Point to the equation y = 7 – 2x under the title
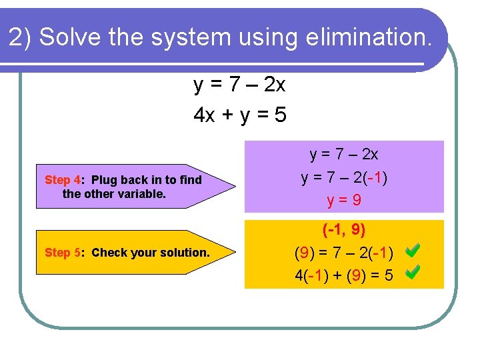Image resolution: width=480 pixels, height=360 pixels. click(239, 85)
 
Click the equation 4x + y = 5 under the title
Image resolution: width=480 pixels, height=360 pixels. click(240, 115)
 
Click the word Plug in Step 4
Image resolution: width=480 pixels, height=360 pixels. click(104, 180)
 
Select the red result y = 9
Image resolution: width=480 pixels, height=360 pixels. click(344, 199)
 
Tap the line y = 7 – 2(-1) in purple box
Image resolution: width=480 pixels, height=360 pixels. click(344, 177)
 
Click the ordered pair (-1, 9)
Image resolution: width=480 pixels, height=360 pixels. click(344, 231)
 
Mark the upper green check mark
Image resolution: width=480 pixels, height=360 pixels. click(413, 251)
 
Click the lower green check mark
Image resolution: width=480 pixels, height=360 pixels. click(413, 272)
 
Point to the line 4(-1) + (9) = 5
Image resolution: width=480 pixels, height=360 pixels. click(344, 275)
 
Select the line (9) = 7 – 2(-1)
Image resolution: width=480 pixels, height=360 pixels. click(344, 253)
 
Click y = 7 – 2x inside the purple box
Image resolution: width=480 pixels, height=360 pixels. click(344, 155)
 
